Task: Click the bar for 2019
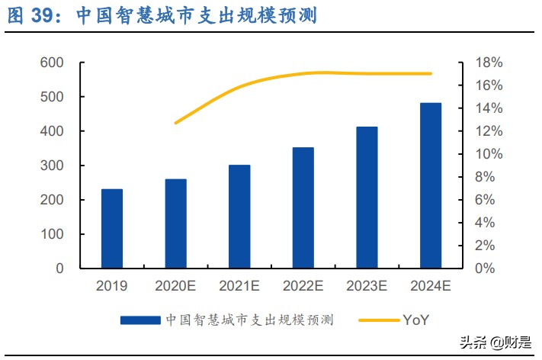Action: (x=112, y=229)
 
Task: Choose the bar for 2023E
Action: (x=367, y=198)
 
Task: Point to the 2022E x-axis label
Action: (x=303, y=287)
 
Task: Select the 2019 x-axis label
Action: (x=112, y=287)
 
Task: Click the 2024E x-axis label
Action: (x=431, y=287)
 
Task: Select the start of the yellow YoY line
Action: (x=176, y=123)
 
